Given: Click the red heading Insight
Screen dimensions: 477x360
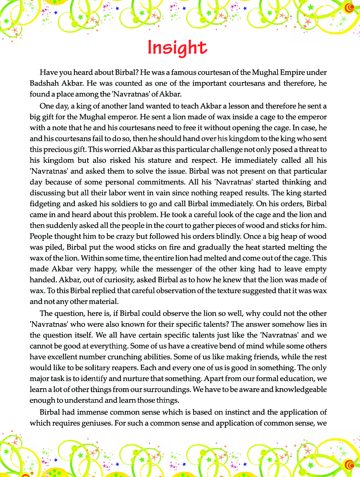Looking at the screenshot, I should tap(177, 47).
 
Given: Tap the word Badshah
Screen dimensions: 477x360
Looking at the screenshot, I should tap(44, 83).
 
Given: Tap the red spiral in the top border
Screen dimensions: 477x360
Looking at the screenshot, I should tap(349, 8).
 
